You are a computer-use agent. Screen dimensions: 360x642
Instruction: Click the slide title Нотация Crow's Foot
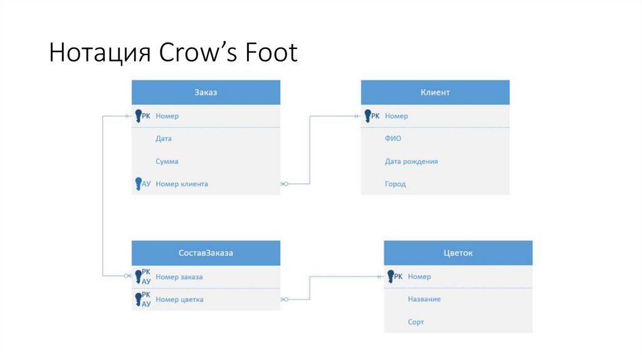coord(173,53)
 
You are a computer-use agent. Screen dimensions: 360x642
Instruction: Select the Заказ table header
coord(206,92)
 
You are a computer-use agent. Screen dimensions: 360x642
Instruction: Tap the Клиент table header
coord(434,92)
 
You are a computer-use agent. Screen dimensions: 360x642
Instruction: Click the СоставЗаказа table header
coord(206,253)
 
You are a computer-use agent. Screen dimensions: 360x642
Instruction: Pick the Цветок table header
coord(458,253)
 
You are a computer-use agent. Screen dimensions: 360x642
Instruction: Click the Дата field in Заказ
coord(164,139)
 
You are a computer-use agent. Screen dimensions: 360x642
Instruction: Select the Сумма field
coord(167,161)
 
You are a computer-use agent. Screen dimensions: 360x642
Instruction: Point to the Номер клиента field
coord(182,184)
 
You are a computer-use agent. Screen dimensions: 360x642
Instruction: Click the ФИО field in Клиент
coord(393,139)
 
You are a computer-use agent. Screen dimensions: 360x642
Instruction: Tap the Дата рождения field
coord(411,161)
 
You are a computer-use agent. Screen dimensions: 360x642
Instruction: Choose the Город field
coord(395,184)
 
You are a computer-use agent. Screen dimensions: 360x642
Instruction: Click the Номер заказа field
coord(179,277)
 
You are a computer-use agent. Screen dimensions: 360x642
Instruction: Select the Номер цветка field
coord(179,299)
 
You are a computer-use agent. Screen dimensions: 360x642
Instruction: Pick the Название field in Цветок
coord(424,299)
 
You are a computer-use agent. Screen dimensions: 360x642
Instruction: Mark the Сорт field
coord(416,322)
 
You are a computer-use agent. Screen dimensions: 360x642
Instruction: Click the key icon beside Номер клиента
coord(139,183)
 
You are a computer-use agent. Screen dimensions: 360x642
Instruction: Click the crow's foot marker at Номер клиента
coord(284,184)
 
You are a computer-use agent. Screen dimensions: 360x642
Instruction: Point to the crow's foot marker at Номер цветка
coord(284,299)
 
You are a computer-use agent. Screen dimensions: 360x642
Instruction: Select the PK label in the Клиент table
coord(375,116)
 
